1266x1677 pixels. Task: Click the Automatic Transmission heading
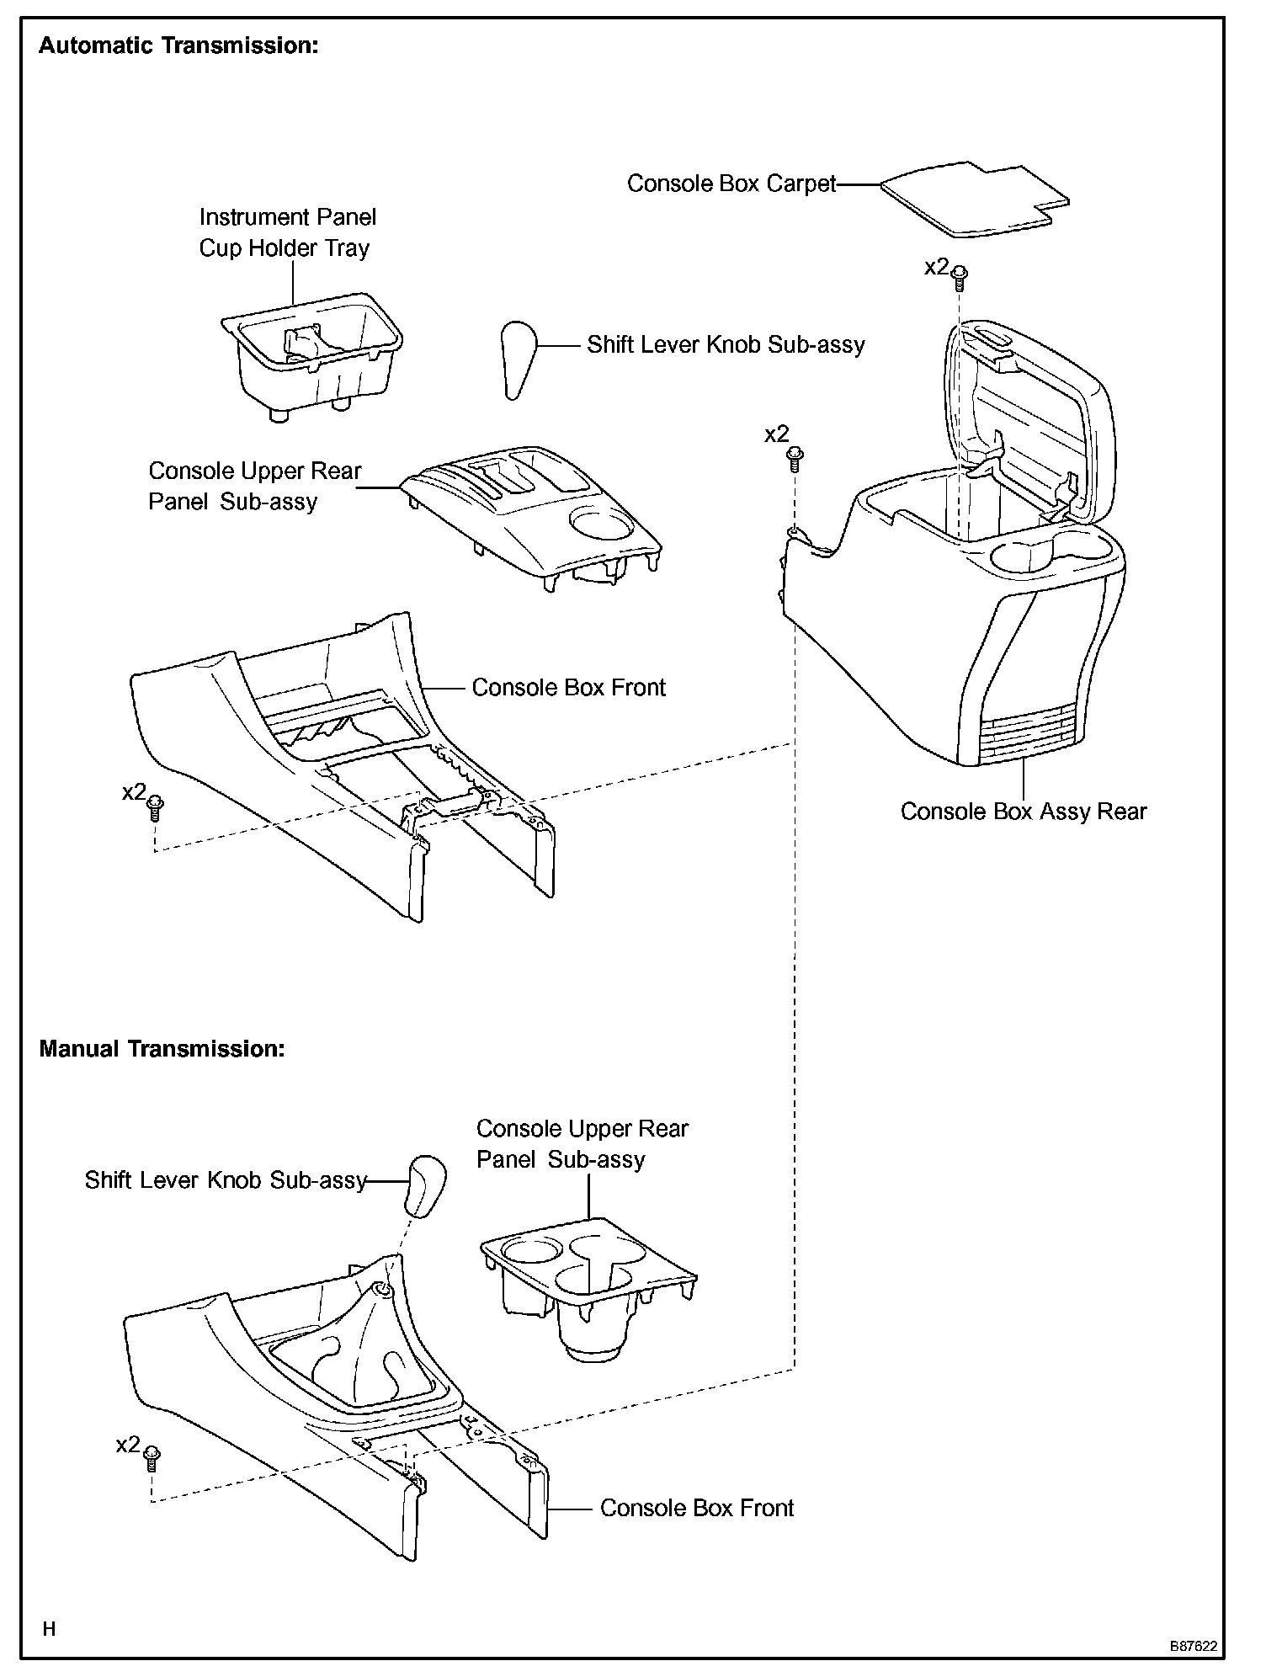pyautogui.click(x=178, y=45)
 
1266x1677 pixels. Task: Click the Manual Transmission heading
pyautogui.click(x=162, y=1049)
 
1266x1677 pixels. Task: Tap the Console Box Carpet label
pyautogui.click(x=731, y=184)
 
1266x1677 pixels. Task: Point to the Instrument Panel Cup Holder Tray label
pyautogui.click(x=287, y=232)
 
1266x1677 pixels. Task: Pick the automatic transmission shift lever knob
pyautogui.click(x=517, y=357)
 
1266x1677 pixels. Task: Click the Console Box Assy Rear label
pyautogui.click(x=1023, y=812)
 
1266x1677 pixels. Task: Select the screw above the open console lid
pyautogui.click(x=959, y=274)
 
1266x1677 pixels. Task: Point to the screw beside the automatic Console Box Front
pyautogui.click(x=155, y=808)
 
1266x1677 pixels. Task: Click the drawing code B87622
pyautogui.click(x=1192, y=1645)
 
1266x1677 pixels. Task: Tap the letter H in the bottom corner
pyautogui.click(x=49, y=1629)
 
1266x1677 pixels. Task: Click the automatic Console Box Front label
pyautogui.click(x=568, y=688)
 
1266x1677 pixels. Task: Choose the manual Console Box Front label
pyautogui.click(x=696, y=1508)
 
